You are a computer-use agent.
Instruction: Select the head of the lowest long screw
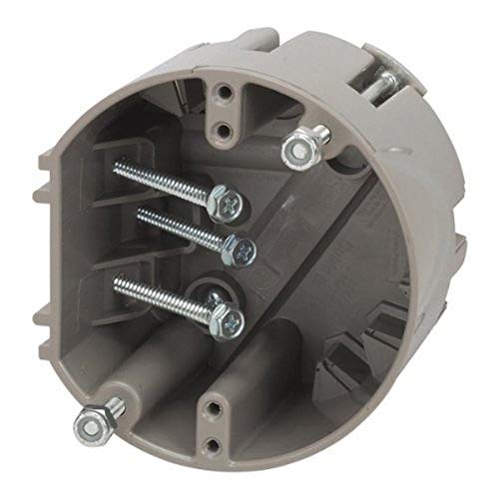tap(229, 319)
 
